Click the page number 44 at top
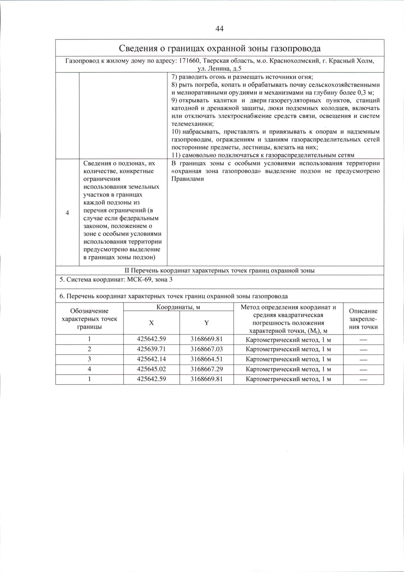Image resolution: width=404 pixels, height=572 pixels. pyautogui.click(x=219, y=29)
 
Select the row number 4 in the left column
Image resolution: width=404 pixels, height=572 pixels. pyautogui.click(x=67, y=213)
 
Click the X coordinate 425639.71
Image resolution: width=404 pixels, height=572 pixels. pyautogui.click(x=151, y=349)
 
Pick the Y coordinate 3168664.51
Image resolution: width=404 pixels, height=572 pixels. pyautogui.click(x=206, y=359)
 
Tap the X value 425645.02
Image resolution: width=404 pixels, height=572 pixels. pyautogui.click(x=151, y=369)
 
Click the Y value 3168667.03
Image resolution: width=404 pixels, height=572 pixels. pyautogui.click(x=206, y=349)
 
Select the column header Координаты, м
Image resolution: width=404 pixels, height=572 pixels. pyautogui.click(x=178, y=307)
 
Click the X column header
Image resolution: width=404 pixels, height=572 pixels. pyautogui.click(x=151, y=323)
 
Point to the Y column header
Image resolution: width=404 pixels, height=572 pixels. pyautogui.click(x=206, y=323)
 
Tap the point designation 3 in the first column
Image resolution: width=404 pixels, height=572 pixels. pyautogui.click(x=89, y=359)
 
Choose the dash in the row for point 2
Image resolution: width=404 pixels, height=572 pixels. pyautogui.click(x=363, y=350)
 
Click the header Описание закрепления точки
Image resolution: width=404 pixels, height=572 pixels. pyautogui.click(x=363, y=319)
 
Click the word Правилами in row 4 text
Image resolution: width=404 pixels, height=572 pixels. pyautogui.click(x=188, y=179)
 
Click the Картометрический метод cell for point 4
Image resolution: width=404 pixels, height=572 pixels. pyautogui.click(x=288, y=370)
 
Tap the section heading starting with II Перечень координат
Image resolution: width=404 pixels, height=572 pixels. pyautogui.click(x=220, y=271)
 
